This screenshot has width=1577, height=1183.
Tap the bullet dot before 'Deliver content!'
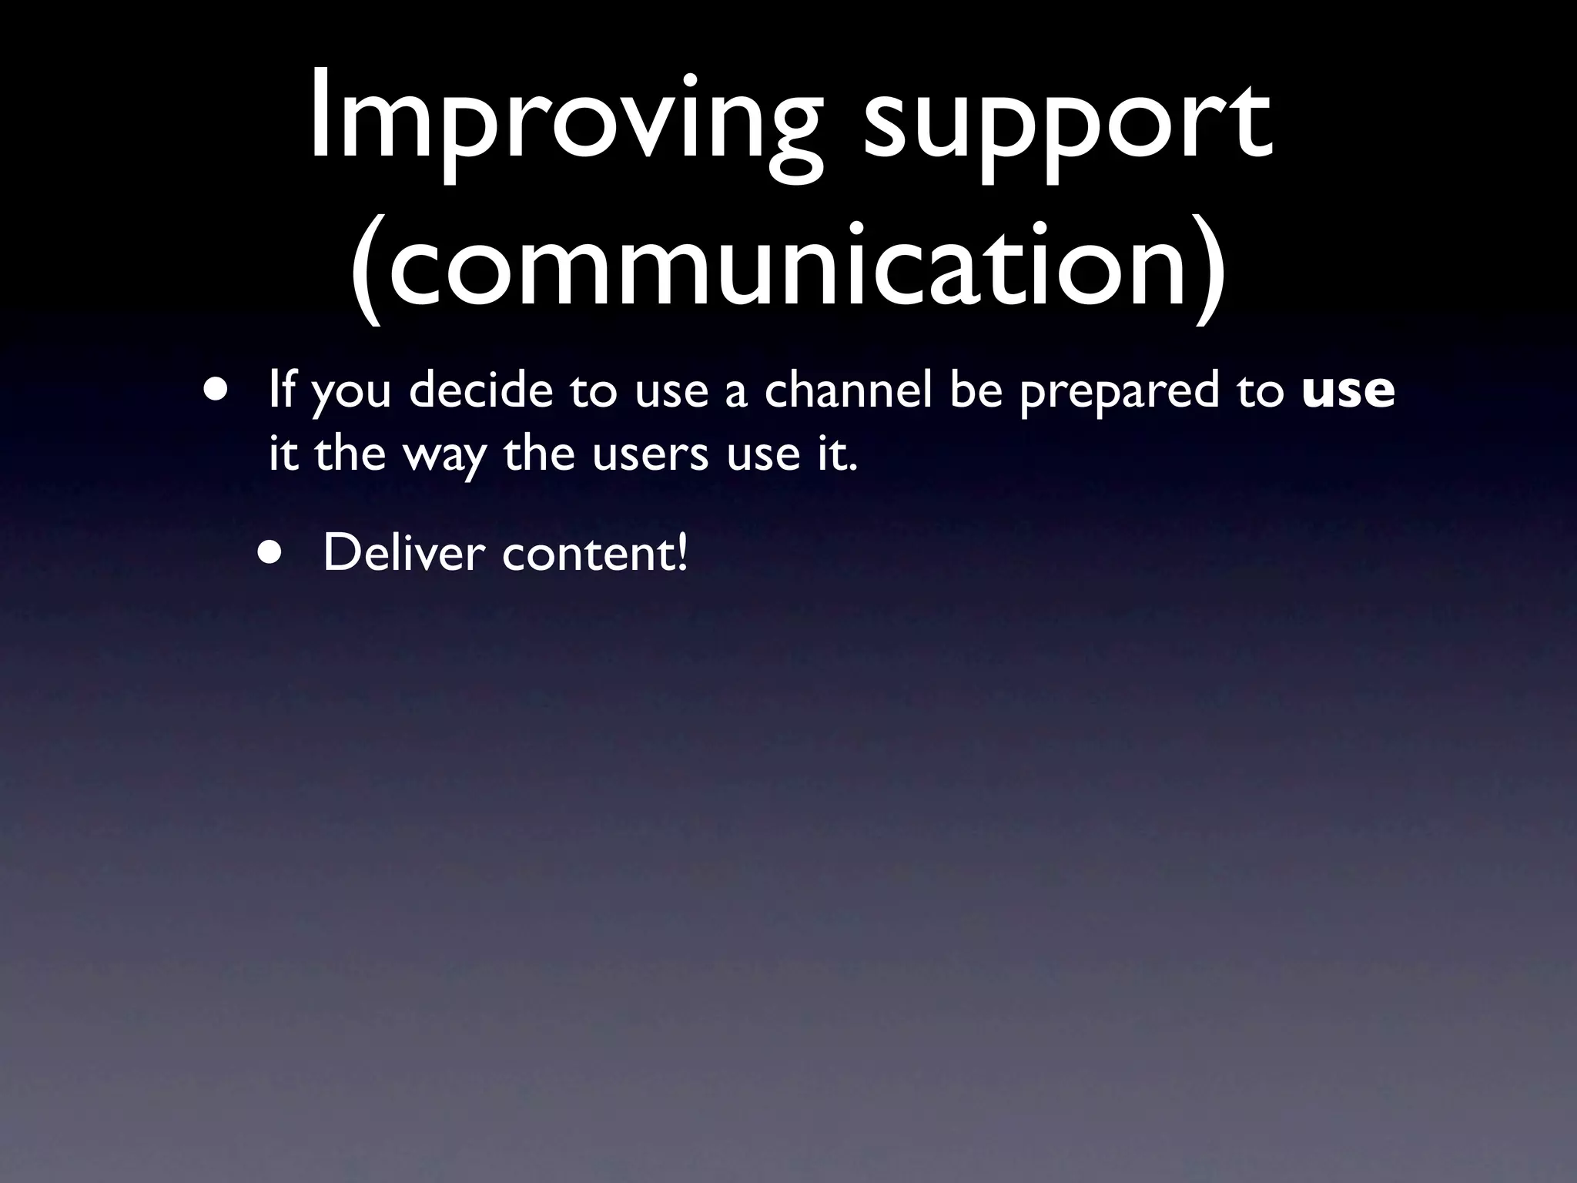click(270, 552)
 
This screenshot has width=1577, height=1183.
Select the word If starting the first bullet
click(282, 390)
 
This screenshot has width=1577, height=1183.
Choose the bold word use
click(1348, 391)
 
